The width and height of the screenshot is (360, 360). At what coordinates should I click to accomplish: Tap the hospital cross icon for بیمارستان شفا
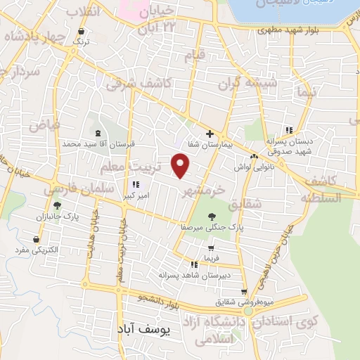click(x=210, y=134)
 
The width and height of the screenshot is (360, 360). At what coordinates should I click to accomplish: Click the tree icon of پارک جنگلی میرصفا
click(x=212, y=217)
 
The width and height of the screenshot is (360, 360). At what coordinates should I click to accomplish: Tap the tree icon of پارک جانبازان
click(x=57, y=205)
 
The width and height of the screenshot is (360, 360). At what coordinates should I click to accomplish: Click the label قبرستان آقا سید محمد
click(x=98, y=143)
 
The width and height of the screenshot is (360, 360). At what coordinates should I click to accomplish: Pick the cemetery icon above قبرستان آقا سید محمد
click(x=97, y=133)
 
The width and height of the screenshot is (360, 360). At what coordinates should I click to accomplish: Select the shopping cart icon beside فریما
click(x=211, y=248)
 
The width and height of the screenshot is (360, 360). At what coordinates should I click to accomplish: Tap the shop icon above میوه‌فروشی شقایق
click(x=244, y=292)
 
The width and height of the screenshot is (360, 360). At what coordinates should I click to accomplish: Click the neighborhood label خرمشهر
click(x=205, y=191)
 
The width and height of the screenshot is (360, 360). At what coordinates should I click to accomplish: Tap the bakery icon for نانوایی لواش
click(x=254, y=157)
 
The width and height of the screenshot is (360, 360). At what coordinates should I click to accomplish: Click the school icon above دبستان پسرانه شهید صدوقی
click(x=288, y=129)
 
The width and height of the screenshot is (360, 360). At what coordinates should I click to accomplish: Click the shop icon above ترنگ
click(x=82, y=32)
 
